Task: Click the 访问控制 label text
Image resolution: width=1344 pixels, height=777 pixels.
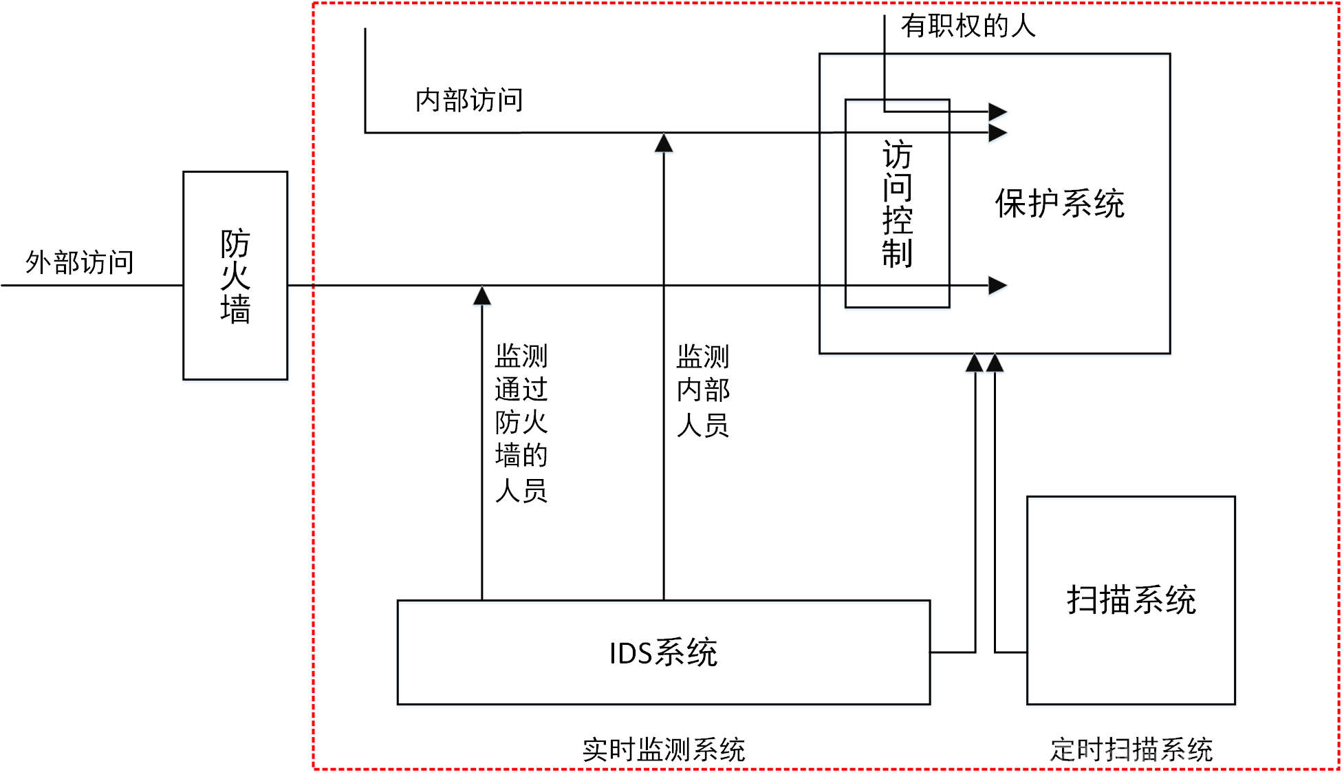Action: [x=898, y=204]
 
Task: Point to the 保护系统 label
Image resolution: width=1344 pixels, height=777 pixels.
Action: [x=1060, y=204]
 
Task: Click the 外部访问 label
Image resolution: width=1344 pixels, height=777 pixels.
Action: [x=80, y=262]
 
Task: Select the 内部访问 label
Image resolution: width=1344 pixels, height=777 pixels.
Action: [x=469, y=100]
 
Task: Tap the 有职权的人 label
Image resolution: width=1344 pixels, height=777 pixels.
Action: [x=968, y=26]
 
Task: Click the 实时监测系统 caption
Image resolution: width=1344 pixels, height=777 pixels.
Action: [x=664, y=749]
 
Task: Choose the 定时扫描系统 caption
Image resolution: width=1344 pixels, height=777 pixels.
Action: [x=1131, y=749]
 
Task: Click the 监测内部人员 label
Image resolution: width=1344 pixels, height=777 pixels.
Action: [x=703, y=391]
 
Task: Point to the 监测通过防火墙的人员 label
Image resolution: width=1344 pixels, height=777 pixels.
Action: [x=521, y=423]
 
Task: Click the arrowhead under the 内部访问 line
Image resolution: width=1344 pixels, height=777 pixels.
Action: [x=664, y=142]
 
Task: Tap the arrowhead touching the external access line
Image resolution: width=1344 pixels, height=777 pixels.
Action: [x=482, y=295]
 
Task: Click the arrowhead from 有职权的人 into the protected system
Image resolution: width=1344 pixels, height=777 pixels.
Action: [x=998, y=111]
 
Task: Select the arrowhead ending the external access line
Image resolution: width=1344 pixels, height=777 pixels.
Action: [x=998, y=285]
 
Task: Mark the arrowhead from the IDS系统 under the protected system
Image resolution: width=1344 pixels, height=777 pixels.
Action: [x=975, y=363]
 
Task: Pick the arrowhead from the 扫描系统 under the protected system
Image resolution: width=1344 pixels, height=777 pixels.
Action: [x=995, y=363]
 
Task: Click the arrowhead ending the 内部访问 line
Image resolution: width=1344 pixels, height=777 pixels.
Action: [x=998, y=132]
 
